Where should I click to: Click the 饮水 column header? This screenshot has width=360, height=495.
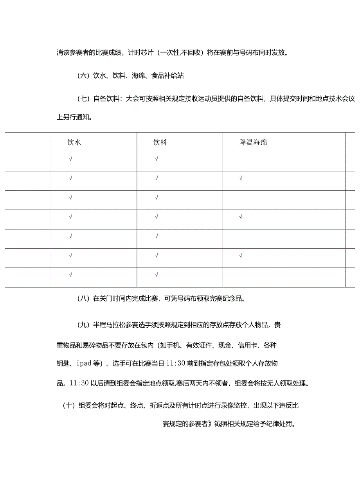pyautogui.click(x=74, y=143)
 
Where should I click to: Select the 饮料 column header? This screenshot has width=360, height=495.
pyautogui.click(x=160, y=143)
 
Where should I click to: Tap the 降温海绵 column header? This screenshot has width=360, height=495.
pyautogui.click(x=253, y=143)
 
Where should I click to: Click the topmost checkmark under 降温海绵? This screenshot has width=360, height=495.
pyautogui.click(x=241, y=179)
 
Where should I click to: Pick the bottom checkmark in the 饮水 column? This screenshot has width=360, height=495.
pyautogui.click(x=70, y=275)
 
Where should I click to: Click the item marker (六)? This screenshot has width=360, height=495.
pyautogui.click(x=83, y=76)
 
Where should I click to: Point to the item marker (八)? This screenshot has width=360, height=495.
pyautogui.click(x=83, y=299)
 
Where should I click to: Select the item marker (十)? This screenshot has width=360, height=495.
pyautogui.click(x=68, y=405)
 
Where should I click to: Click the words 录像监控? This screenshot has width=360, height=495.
pyautogui.click(x=234, y=405)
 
